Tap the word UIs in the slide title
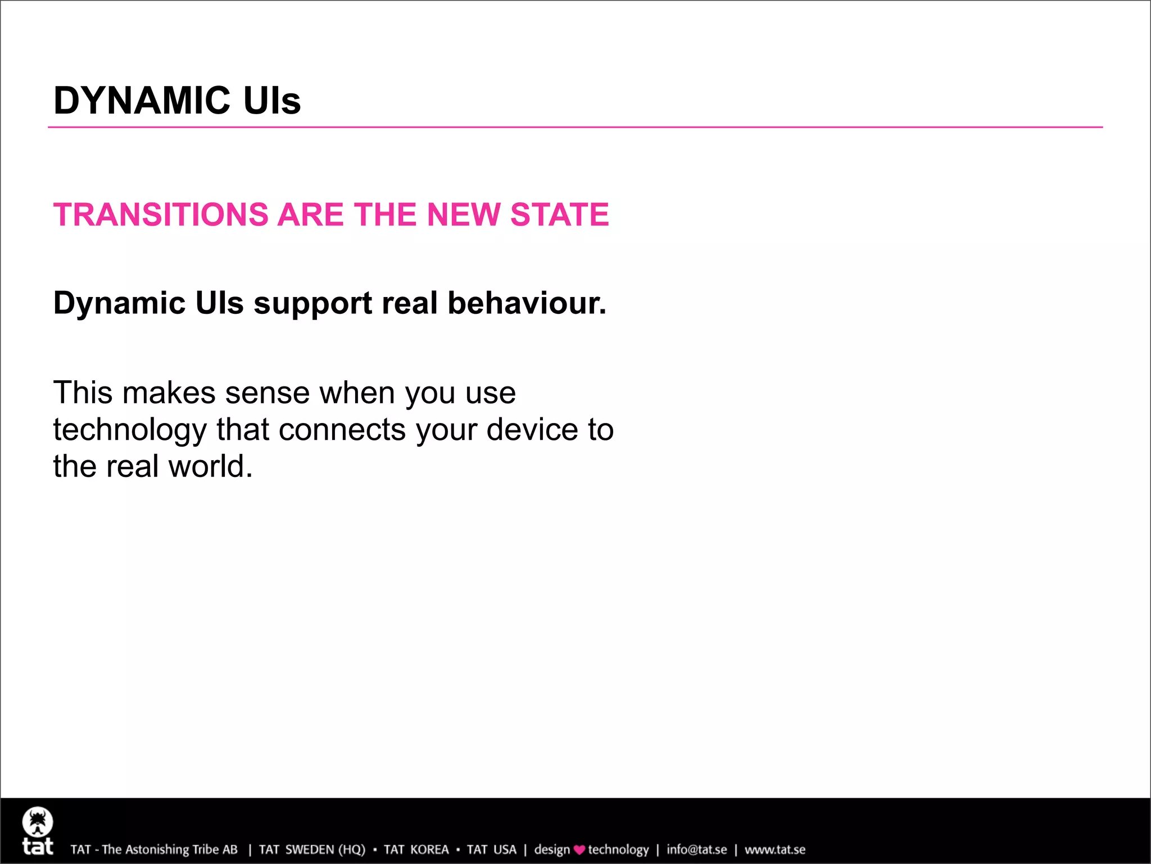(272, 101)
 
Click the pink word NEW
(463, 215)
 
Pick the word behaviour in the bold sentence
(527, 303)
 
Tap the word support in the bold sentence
(312, 304)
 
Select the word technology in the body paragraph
(130, 430)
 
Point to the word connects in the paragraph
(342, 430)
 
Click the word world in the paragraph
(210, 466)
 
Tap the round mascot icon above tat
(38, 822)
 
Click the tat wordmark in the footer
(38, 847)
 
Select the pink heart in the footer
(579, 850)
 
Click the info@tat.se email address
(696, 849)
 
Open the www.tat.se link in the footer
(775, 849)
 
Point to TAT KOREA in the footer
(416, 849)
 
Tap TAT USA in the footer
(491, 849)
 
